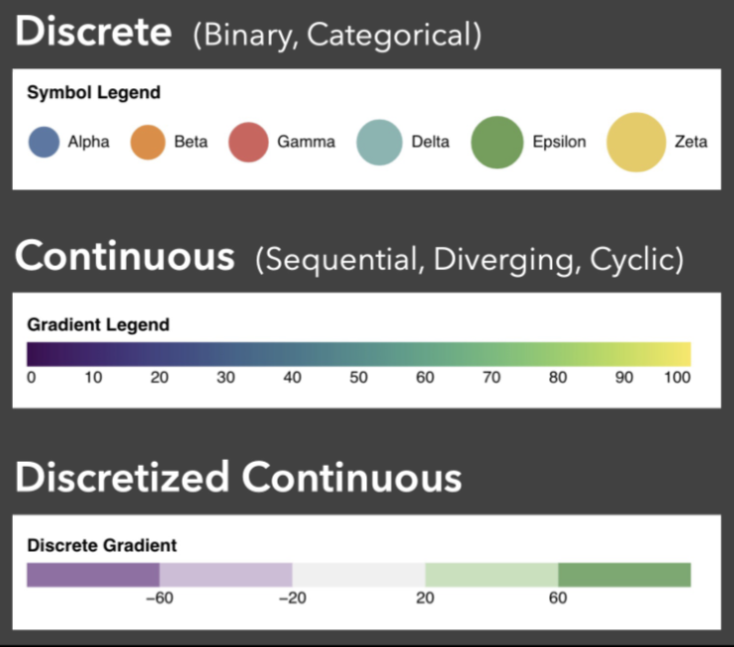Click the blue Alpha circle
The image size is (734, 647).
[x=44, y=141]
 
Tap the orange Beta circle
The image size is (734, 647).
[x=148, y=141]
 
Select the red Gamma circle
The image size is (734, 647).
[x=248, y=141]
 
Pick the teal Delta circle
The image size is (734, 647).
[x=379, y=141]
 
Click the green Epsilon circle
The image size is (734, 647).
[x=498, y=141]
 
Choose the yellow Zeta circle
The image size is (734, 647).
[x=636, y=141]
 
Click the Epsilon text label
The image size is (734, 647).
[x=559, y=141]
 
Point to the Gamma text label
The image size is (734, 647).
[x=306, y=141]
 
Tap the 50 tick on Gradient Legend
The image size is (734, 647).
[x=358, y=377]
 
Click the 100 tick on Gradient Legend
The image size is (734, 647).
[x=677, y=377]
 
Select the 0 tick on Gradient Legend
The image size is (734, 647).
[x=32, y=377]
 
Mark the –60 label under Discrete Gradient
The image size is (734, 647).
[x=159, y=598]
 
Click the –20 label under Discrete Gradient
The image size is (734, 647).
[x=293, y=598]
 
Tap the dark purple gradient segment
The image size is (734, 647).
[x=93, y=575]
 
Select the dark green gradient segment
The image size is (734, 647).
[x=624, y=575]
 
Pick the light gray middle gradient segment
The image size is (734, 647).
[x=359, y=575]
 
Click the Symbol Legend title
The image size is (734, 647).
[x=94, y=93]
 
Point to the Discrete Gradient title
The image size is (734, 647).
[x=102, y=545]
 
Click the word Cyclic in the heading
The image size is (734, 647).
[x=637, y=260]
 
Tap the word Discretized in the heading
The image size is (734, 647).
[x=123, y=478]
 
